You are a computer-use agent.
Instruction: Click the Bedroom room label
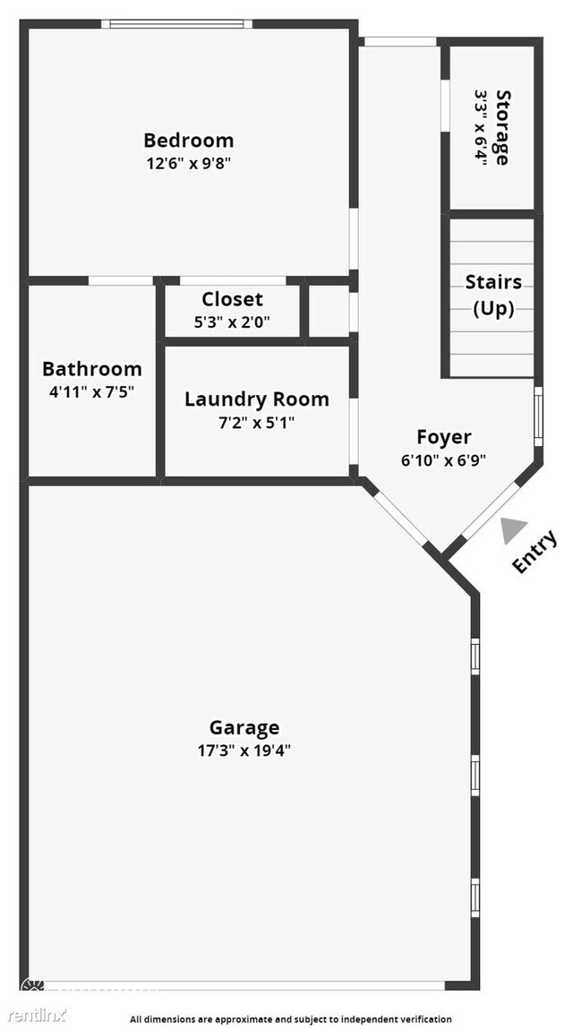tap(188, 141)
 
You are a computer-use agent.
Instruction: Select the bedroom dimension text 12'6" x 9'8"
tap(188, 164)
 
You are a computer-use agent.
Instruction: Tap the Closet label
tap(232, 299)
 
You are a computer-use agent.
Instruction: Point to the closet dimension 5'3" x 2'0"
tap(232, 322)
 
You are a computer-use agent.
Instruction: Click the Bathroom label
tap(91, 369)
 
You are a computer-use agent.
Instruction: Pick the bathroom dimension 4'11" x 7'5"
tap(91, 390)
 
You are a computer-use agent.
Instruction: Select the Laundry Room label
tap(257, 399)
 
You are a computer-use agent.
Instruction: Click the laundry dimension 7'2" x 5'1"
tap(257, 422)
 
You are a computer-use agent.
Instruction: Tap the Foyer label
tap(444, 437)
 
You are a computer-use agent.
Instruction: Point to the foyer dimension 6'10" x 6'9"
tap(444, 460)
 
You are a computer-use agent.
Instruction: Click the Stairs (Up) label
tap(493, 296)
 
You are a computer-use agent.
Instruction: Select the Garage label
tap(244, 727)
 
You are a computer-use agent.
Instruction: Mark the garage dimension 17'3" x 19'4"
tap(244, 750)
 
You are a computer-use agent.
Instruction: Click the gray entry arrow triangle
tap(511, 531)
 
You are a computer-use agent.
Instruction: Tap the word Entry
tap(535, 552)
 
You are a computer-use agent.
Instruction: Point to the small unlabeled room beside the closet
tap(329, 311)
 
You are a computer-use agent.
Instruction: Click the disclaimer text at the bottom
tap(291, 1019)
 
